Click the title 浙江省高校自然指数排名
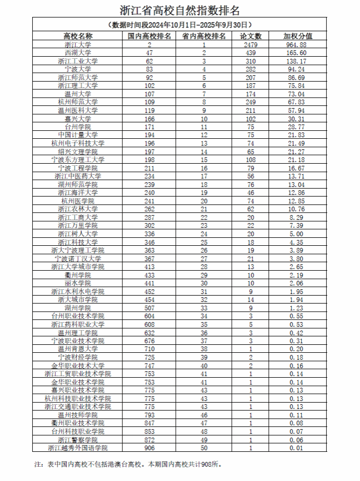(x=179, y=10)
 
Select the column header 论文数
(x=251, y=36)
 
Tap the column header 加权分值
(x=298, y=36)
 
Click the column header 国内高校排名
(x=150, y=36)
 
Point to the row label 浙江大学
(x=78, y=44)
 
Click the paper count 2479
(x=251, y=44)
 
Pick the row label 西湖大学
(x=78, y=53)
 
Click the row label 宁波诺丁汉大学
(x=78, y=259)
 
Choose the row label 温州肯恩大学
(x=78, y=349)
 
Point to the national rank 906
(x=150, y=448)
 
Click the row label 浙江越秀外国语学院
(x=78, y=448)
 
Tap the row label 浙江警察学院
(x=78, y=440)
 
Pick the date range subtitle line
(x=179, y=25)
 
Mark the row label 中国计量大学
(x=78, y=135)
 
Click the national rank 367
(x=150, y=259)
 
